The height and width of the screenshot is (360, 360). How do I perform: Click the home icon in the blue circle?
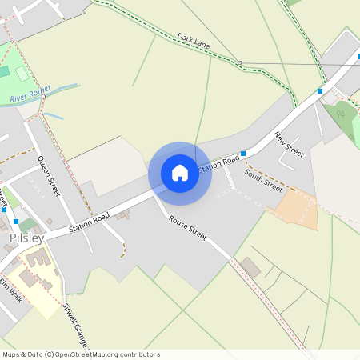pos(180,173)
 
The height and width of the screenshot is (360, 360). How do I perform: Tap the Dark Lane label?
pos(194,42)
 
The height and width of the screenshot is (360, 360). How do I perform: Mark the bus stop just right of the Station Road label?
pos(244,153)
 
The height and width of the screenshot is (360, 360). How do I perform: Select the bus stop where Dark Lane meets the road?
pos(320,91)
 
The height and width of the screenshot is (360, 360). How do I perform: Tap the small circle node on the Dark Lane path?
pos(238,62)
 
